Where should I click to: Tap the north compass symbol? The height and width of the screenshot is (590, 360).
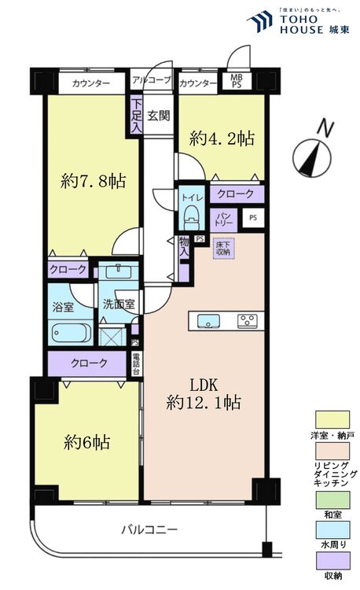(x=312, y=153)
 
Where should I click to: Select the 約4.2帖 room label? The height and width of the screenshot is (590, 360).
(x=222, y=138)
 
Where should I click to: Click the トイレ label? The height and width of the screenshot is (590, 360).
(x=189, y=198)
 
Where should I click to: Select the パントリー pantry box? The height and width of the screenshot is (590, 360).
(x=222, y=219)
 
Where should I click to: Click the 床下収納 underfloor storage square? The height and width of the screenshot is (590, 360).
(x=223, y=249)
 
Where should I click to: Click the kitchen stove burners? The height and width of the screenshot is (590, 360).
(x=248, y=320)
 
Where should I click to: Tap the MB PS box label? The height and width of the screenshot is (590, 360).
(x=235, y=81)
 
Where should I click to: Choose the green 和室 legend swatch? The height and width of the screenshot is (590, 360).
(x=332, y=500)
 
